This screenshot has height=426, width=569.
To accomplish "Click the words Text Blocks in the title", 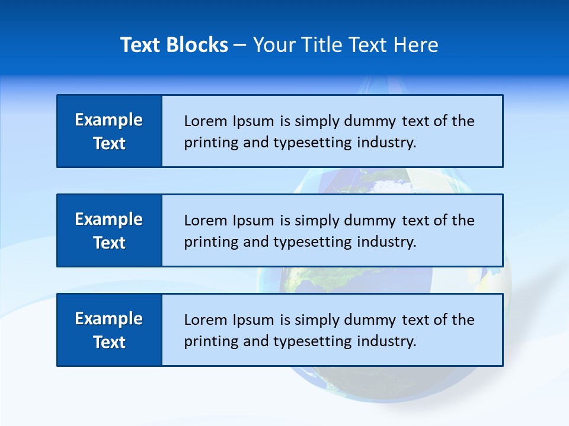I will pos(174,45).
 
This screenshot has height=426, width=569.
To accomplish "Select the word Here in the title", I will pos(414,45).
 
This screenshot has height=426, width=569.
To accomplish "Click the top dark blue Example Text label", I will pos(109,131).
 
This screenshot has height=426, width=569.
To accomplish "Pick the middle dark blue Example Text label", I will pos(109,231).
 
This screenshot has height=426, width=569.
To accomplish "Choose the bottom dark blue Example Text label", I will pos(109,330).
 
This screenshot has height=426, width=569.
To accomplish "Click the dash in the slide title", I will pos(240,46).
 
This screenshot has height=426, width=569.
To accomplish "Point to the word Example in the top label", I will pos(109,120).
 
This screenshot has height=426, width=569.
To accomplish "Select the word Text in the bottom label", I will pos(109,342).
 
